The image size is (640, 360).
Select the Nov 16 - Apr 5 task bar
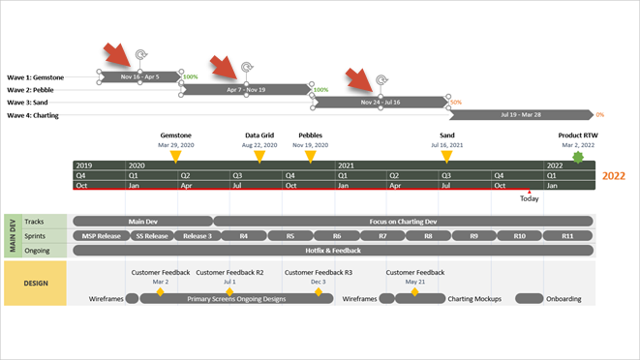pos(139,76)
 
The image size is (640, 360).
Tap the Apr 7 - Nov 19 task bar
pos(246,89)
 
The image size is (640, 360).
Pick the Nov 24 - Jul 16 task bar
pos(381,102)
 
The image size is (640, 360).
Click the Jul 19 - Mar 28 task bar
pos(521,114)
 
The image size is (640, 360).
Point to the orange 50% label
pos(456,102)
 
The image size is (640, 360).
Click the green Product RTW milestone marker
pos(578,157)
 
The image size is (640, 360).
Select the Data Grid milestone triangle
pos(259,156)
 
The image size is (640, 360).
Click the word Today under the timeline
pos(530,198)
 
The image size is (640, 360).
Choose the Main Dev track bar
pos(142,221)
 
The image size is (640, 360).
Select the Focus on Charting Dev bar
pos(404,221)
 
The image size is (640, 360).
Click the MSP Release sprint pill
pos(101,235)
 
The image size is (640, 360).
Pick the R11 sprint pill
pos(566,235)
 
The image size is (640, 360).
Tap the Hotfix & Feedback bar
pos(334,250)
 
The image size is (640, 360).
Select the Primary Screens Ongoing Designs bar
pos(236,299)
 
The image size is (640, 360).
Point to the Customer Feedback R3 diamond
pos(319,291)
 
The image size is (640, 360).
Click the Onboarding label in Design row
pos(564,299)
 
